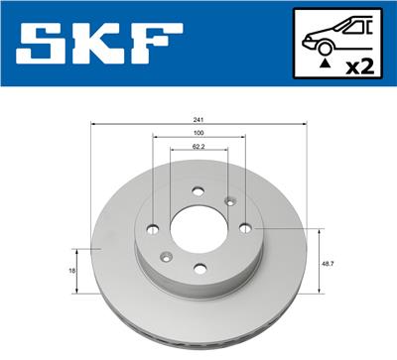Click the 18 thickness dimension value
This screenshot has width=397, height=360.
(72, 269)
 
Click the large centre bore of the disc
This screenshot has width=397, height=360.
(198, 230)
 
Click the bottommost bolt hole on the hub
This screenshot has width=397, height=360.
(199, 265)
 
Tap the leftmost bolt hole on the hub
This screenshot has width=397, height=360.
(152, 231)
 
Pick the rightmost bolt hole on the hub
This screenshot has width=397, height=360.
(245, 227)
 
